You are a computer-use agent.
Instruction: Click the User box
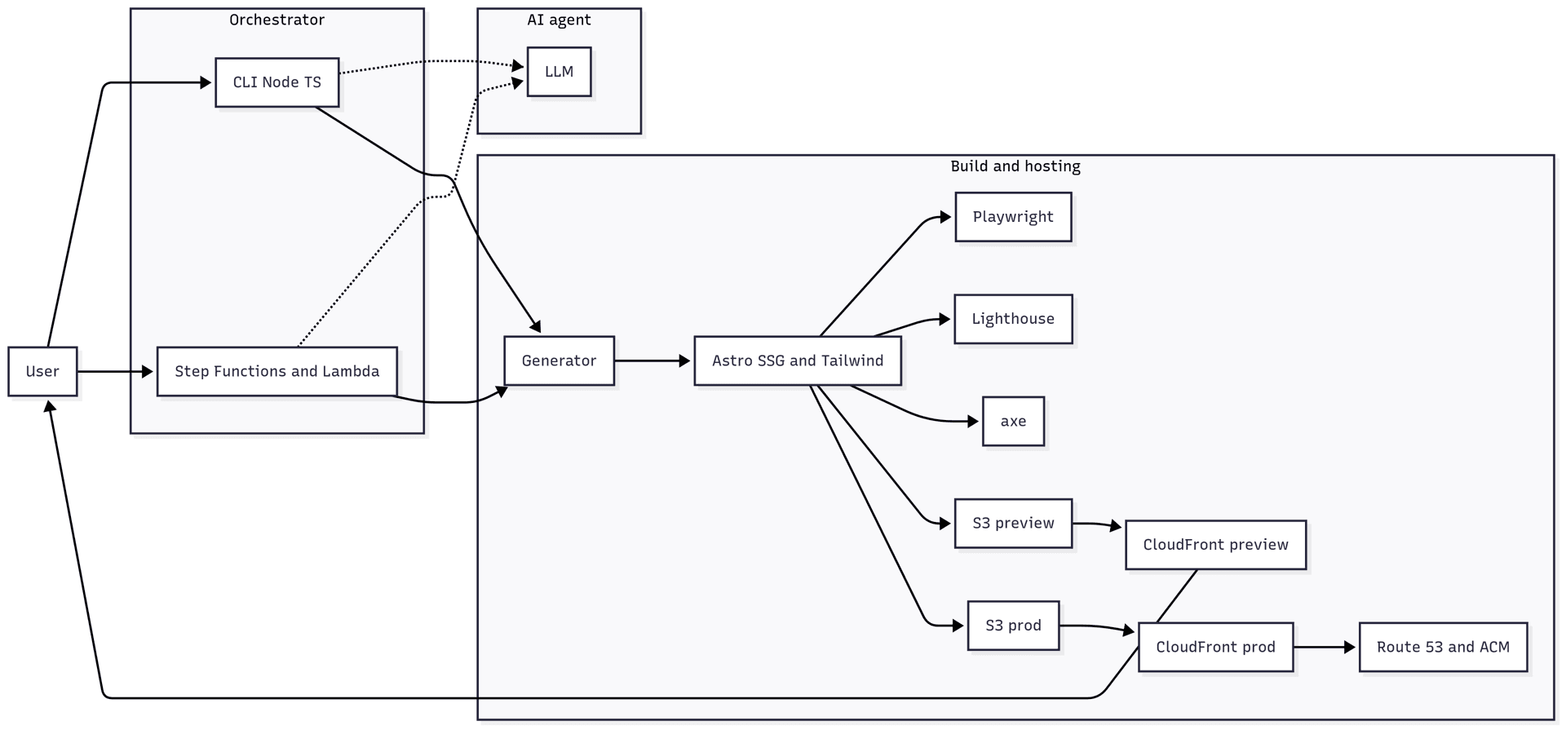pyautogui.click(x=42, y=372)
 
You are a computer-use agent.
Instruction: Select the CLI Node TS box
pyautogui.click(x=276, y=82)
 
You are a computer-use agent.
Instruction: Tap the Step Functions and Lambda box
pyautogui.click(x=276, y=372)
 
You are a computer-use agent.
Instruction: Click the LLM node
pyautogui.click(x=559, y=72)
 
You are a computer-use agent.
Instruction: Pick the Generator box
pyautogui.click(x=559, y=361)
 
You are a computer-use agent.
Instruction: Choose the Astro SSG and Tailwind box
pyautogui.click(x=797, y=361)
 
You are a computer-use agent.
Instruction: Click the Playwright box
pyautogui.click(x=1012, y=217)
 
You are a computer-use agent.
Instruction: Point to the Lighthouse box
pyautogui.click(x=1012, y=319)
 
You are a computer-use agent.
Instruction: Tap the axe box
pyautogui.click(x=1012, y=422)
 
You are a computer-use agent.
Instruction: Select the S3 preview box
pyautogui.click(x=1012, y=524)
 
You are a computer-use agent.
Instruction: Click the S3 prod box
pyautogui.click(x=1012, y=626)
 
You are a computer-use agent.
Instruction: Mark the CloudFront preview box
pyautogui.click(x=1214, y=545)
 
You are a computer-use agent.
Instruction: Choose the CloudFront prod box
pyautogui.click(x=1214, y=648)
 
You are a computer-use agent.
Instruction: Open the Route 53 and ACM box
pyautogui.click(x=1442, y=648)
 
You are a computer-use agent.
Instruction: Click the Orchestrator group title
pyautogui.click(x=276, y=20)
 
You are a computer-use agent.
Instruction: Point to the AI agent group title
pyautogui.click(x=559, y=20)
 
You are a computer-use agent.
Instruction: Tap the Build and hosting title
pyautogui.click(x=1015, y=166)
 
